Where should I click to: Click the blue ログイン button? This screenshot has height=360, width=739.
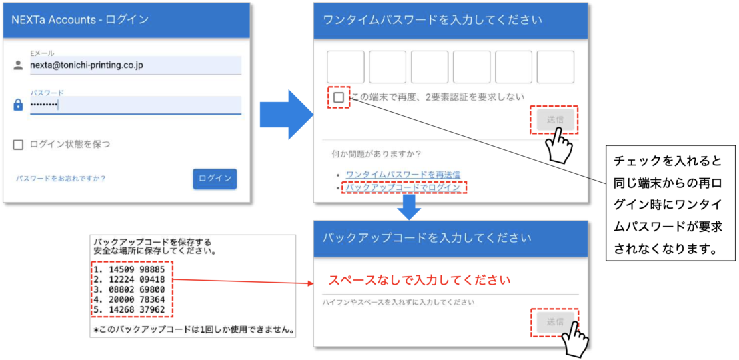click(x=215, y=179)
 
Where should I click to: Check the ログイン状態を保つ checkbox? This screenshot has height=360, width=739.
click(x=18, y=145)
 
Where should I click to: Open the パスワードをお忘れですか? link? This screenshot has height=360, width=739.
click(x=61, y=179)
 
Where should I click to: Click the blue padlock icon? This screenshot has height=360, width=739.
click(x=18, y=105)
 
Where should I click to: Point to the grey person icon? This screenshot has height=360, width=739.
click(x=18, y=65)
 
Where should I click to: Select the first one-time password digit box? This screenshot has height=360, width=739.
click(x=345, y=67)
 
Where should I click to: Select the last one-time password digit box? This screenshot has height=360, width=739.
click(x=555, y=67)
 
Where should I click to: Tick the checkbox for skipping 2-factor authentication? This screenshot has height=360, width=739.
click(x=338, y=97)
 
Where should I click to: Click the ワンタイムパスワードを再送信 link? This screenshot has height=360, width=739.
click(x=403, y=175)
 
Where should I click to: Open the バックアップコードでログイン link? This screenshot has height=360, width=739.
click(x=403, y=187)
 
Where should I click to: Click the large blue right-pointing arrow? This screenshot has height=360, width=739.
click(x=287, y=114)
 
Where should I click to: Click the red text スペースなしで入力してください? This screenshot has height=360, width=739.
click(x=420, y=281)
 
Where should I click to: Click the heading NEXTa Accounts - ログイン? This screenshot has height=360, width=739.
click(x=80, y=20)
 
